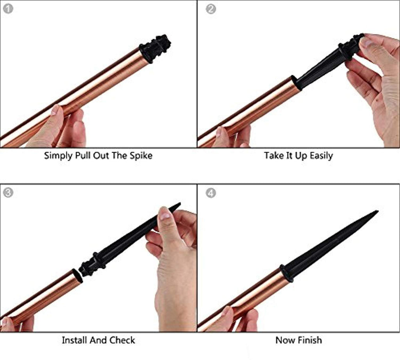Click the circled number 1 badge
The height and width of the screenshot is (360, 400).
tap(8, 9)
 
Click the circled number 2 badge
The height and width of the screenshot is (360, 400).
tap(211, 9)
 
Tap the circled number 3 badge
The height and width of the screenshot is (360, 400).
tap(8, 192)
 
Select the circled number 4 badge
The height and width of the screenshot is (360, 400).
tap(211, 193)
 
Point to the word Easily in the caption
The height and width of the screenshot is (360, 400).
tap(321, 155)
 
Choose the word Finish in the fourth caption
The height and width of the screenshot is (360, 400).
tap(309, 340)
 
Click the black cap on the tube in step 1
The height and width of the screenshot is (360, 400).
tap(155, 48)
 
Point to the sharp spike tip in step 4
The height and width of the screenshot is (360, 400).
tap(377, 211)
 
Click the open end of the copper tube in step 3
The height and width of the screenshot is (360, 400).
tap(77, 276)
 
